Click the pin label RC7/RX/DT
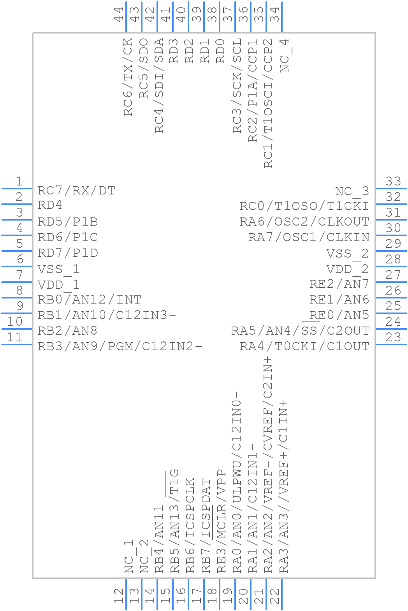[x=76, y=191]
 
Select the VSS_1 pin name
[x=58, y=269]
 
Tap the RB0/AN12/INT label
[x=89, y=300]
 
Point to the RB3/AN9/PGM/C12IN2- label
[x=120, y=346]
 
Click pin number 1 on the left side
[x=19, y=181]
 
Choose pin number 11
[x=15, y=337]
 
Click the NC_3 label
[x=352, y=191]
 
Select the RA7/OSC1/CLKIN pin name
[x=309, y=237]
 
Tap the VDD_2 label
[x=347, y=269]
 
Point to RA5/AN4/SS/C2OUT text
[x=300, y=331]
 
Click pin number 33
[x=393, y=181]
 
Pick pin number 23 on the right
[x=393, y=337]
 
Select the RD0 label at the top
[x=221, y=51]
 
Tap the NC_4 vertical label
[x=285, y=55]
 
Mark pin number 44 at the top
[x=119, y=14]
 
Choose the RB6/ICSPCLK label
[x=190, y=525]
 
